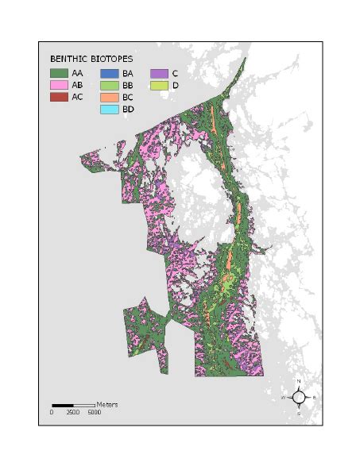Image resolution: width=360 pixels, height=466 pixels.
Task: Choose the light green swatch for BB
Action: tap(110, 85)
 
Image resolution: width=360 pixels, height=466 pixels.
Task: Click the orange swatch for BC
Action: tap(110, 97)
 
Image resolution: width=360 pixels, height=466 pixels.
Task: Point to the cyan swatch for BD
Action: tap(110, 109)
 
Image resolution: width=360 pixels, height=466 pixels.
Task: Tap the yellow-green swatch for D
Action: tap(159, 85)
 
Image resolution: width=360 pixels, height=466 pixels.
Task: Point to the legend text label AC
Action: tap(78, 97)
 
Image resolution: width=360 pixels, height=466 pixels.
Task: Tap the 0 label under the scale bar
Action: tap(52, 413)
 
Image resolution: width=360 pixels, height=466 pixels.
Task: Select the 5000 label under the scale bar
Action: tap(94, 413)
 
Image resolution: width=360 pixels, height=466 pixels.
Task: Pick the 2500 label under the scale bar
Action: tap(73, 413)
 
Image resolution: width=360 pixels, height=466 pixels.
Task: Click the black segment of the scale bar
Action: tap(63, 406)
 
